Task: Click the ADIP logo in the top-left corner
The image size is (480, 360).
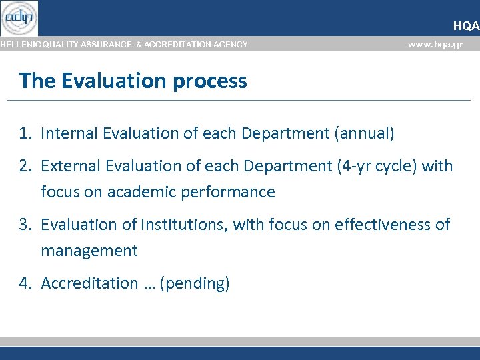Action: pyautogui.click(x=19, y=18)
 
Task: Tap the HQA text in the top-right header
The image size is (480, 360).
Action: pyautogui.click(x=466, y=26)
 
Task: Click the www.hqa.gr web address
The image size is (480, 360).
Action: pyautogui.click(x=435, y=45)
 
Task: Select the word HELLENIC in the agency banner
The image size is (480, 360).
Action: pyautogui.click(x=19, y=45)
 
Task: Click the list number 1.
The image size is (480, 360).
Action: pyautogui.click(x=25, y=133)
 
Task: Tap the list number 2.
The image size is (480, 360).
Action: pyautogui.click(x=25, y=166)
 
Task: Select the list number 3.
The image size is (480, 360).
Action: pyautogui.click(x=25, y=225)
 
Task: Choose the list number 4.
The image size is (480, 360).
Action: pyautogui.click(x=25, y=283)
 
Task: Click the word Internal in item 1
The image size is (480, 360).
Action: pyautogui.click(x=69, y=133)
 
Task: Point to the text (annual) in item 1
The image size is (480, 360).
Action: pyautogui.click(x=364, y=133)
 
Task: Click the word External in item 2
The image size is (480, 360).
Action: pyautogui.click(x=71, y=166)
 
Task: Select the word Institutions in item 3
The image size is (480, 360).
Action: pyautogui.click(x=185, y=225)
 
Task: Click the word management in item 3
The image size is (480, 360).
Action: pyautogui.click(x=89, y=251)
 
